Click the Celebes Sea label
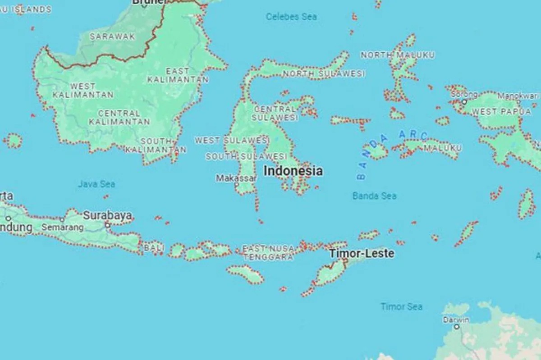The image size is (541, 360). [x=291, y=17]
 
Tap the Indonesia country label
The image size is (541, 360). [x=293, y=171]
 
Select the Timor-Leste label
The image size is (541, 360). [x=362, y=253]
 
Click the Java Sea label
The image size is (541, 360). [x=96, y=184]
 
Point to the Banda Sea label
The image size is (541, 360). [x=374, y=196]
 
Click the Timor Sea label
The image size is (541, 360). [x=401, y=307]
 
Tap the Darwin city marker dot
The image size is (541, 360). [x=456, y=326]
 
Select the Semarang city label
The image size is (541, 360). [x=62, y=228]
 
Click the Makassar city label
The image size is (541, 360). [x=236, y=178]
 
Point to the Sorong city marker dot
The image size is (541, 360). [x=463, y=102]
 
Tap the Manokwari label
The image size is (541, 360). [x=518, y=96]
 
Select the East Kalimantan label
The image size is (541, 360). [x=178, y=75]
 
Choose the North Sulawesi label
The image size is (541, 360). [x=324, y=73]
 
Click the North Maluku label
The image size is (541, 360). [x=398, y=55]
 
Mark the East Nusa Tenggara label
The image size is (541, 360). [x=268, y=253]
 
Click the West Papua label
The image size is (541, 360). [x=498, y=111]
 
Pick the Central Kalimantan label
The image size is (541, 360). [x=119, y=117]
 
